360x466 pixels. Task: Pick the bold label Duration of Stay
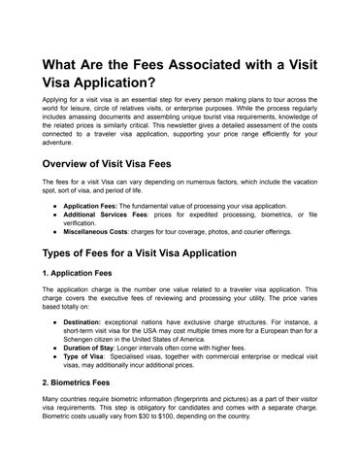pyautogui.click(x=94, y=347)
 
